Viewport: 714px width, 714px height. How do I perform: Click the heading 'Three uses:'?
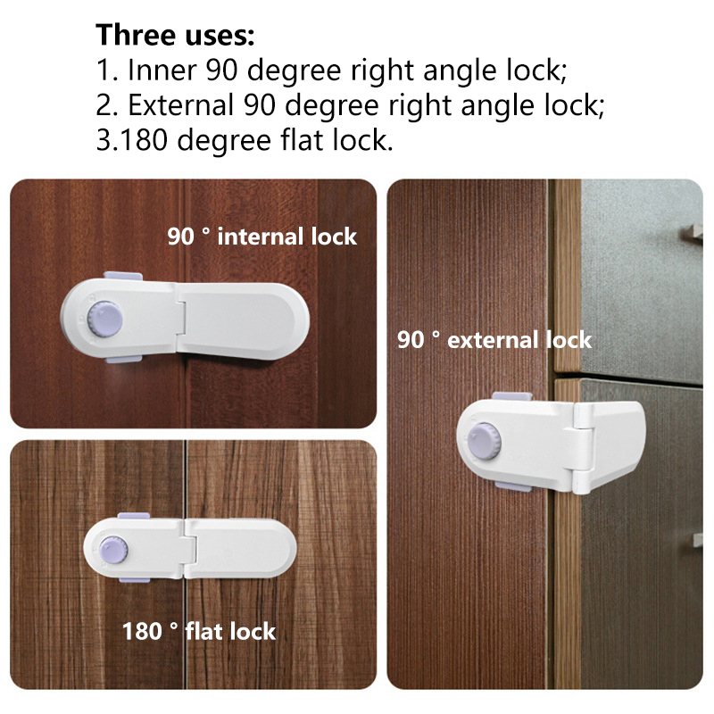point(175,35)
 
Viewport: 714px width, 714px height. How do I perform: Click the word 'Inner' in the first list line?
point(162,71)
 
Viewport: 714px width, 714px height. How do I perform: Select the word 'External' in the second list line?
point(181,104)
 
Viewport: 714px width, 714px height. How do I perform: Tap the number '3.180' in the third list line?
point(131,140)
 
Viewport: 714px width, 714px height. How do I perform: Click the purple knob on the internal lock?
point(104,319)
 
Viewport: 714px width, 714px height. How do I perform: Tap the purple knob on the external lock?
point(485,441)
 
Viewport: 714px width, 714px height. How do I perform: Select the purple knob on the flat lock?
point(113,549)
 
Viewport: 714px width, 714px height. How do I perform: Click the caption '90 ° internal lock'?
point(262,237)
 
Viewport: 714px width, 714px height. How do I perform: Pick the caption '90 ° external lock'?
point(494,340)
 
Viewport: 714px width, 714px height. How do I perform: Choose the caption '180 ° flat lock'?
point(198,631)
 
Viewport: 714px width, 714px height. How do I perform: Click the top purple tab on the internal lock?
point(123,276)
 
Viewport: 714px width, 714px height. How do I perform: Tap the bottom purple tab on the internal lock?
point(123,360)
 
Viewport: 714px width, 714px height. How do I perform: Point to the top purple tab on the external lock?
point(511,396)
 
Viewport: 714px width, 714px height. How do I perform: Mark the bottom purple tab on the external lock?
point(512,487)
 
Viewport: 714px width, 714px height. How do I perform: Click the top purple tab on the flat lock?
point(134,517)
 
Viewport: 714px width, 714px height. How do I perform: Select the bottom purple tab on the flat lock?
point(135,578)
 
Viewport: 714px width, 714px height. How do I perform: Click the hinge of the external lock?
point(584,449)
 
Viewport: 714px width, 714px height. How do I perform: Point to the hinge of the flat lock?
point(189,549)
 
